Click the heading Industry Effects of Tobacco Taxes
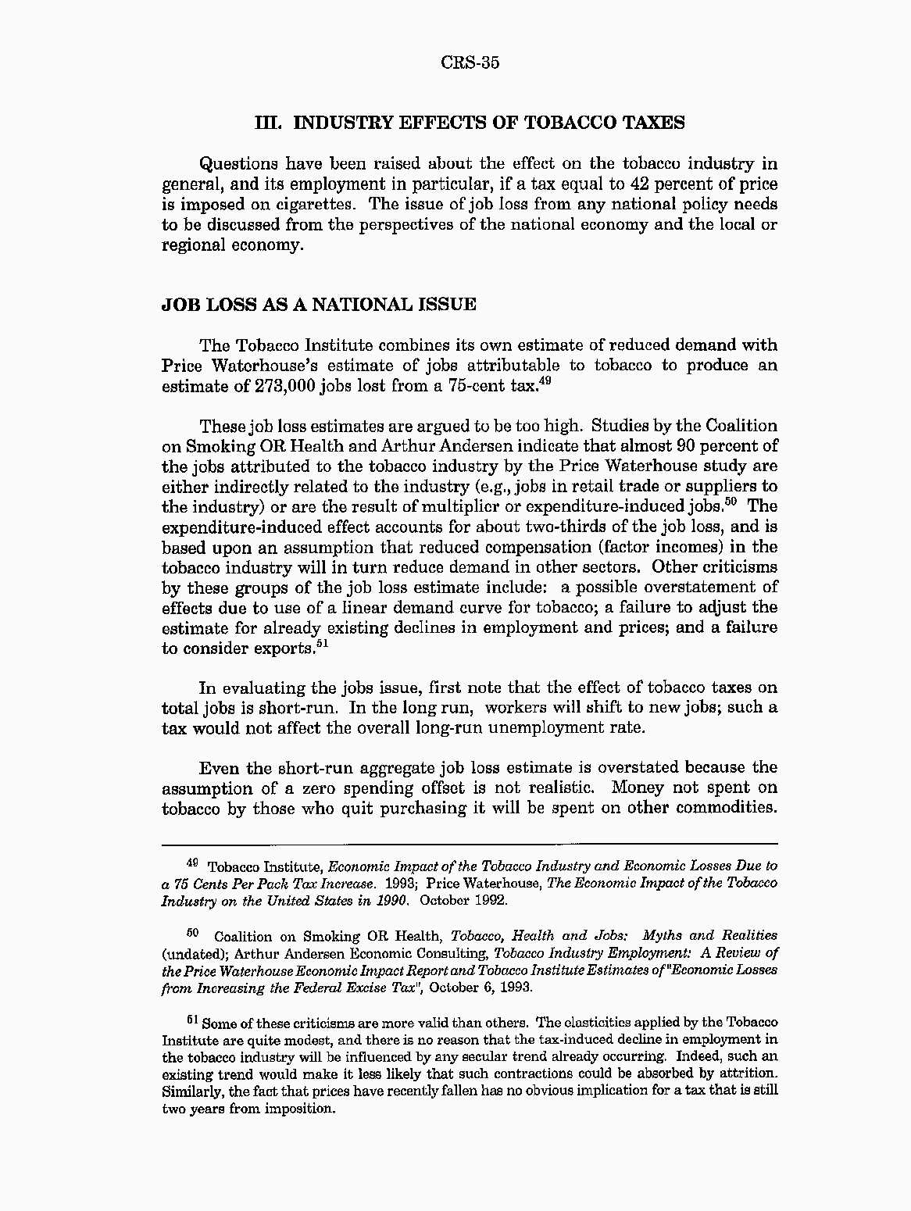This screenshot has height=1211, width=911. pyautogui.click(x=470, y=123)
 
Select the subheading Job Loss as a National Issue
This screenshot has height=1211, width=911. pyautogui.click(x=318, y=305)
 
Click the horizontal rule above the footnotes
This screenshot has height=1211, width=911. pyautogui.click(x=470, y=844)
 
